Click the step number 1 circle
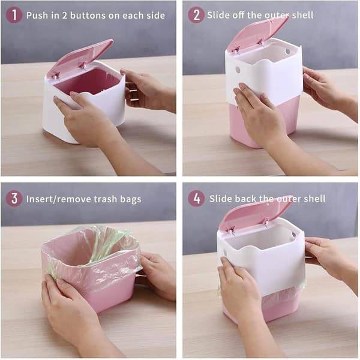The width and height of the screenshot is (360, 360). click(14, 14)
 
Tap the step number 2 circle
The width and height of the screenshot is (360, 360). click(196, 14)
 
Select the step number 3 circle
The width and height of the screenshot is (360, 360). click(14, 199)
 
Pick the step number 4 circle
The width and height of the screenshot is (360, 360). click(196, 199)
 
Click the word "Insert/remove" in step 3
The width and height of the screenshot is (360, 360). click(59, 199)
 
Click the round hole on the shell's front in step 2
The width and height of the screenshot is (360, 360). click(238, 70)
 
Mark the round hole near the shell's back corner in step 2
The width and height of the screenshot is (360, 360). click(287, 52)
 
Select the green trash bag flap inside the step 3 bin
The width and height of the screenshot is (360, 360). click(108, 245)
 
